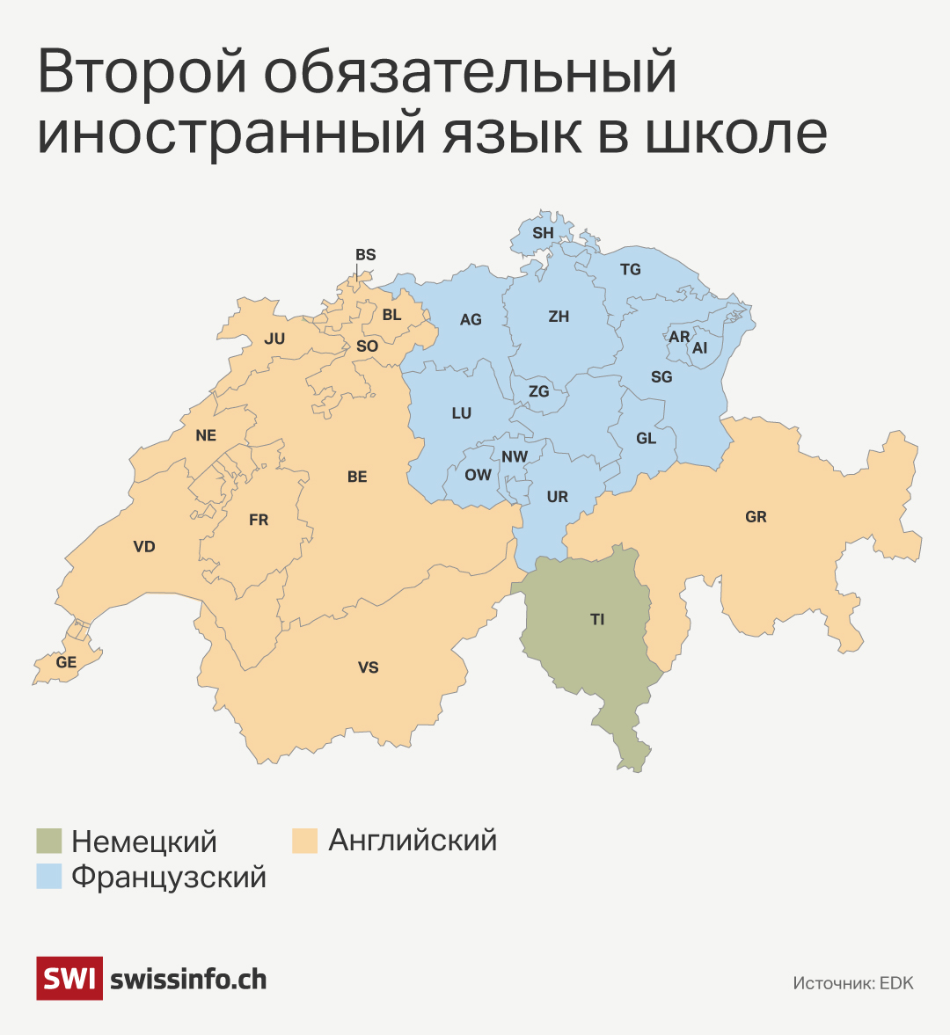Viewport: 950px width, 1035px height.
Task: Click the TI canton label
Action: [x=597, y=620]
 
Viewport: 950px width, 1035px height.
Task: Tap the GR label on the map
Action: [x=756, y=517]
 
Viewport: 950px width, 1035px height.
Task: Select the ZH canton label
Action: [x=559, y=317]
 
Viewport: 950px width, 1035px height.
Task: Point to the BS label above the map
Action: [x=365, y=255]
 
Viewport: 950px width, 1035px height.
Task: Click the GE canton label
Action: [x=66, y=662]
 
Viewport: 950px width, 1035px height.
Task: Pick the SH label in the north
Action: [x=543, y=233]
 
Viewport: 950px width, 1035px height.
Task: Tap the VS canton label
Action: [x=368, y=667]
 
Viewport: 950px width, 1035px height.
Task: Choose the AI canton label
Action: [x=699, y=348]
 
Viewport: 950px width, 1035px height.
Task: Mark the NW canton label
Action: [x=515, y=456]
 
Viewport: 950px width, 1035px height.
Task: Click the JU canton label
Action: [x=274, y=339]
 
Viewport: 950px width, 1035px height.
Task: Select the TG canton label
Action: [x=631, y=270]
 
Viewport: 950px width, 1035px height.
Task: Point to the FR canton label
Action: [x=259, y=521]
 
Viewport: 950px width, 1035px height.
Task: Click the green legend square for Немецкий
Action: [x=49, y=841]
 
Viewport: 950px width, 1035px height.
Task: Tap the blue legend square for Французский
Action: [x=49, y=876]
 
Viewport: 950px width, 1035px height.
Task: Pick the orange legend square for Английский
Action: [x=304, y=841]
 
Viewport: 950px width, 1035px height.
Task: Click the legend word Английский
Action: [x=413, y=841]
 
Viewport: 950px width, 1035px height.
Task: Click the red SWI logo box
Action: [x=69, y=978]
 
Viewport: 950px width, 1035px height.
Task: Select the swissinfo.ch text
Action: [x=188, y=979]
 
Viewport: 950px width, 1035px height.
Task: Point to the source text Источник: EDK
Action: [x=852, y=983]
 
